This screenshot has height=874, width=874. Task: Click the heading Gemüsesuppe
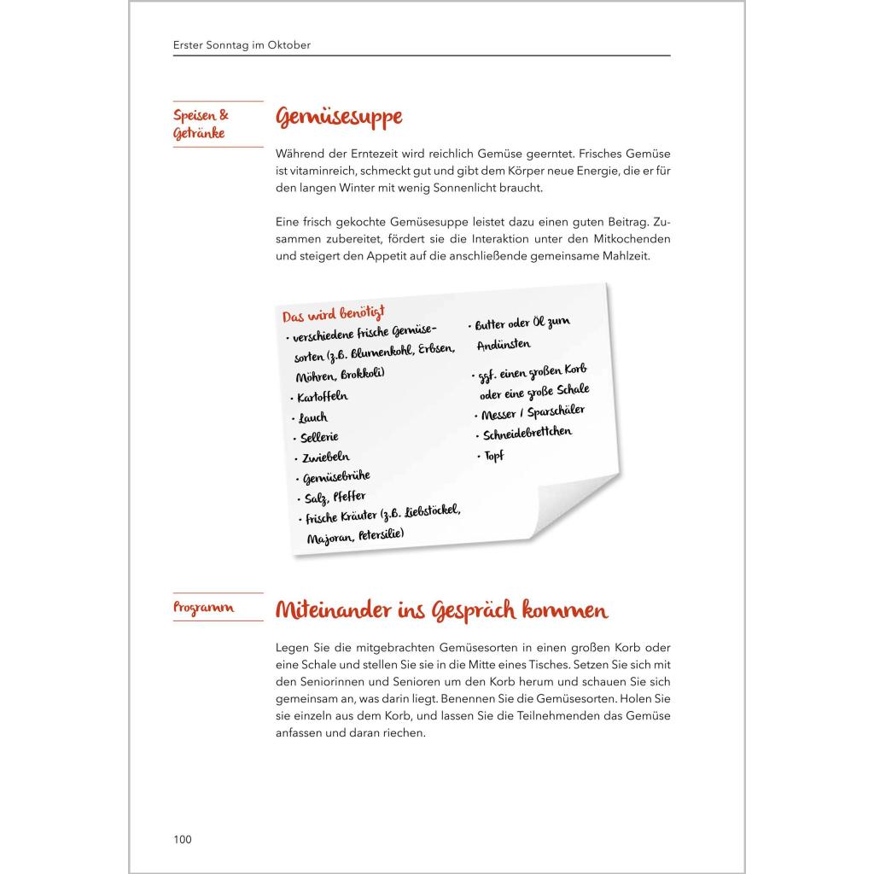(x=338, y=119)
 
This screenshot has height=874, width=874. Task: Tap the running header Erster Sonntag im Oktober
(x=242, y=45)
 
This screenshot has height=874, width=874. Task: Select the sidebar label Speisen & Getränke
(x=201, y=125)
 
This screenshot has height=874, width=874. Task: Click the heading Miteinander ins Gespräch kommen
(x=440, y=610)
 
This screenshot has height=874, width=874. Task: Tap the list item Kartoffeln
(x=323, y=397)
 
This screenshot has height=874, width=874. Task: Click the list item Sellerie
(x=319, y=438)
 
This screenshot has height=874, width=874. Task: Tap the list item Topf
(x=494, y=456)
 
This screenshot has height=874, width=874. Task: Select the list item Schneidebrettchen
(x=527, y=434)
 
